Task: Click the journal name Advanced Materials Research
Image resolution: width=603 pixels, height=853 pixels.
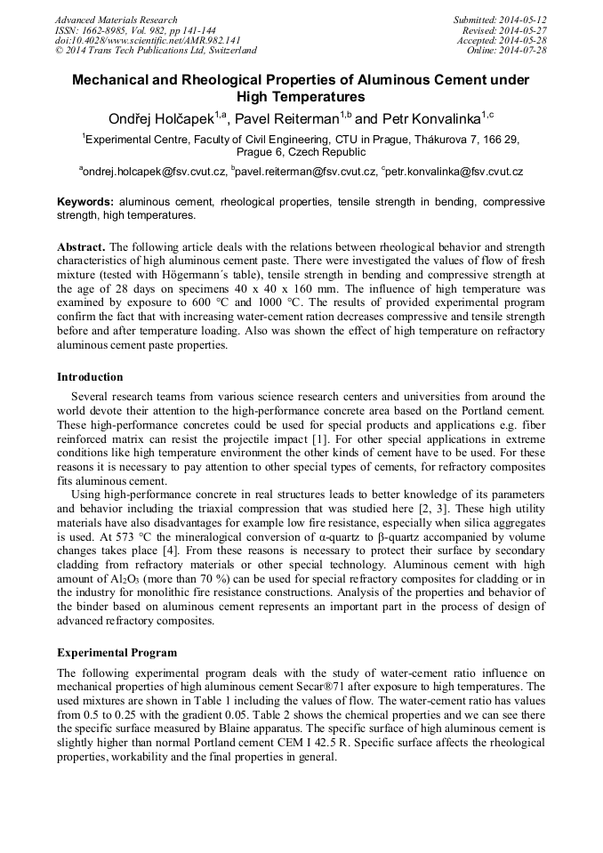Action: coord(116,20)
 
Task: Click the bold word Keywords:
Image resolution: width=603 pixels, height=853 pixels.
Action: coord(86,202)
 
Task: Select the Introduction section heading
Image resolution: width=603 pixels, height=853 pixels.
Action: coord(90,377)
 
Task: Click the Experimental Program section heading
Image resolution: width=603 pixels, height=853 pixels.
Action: coord(117,652)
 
